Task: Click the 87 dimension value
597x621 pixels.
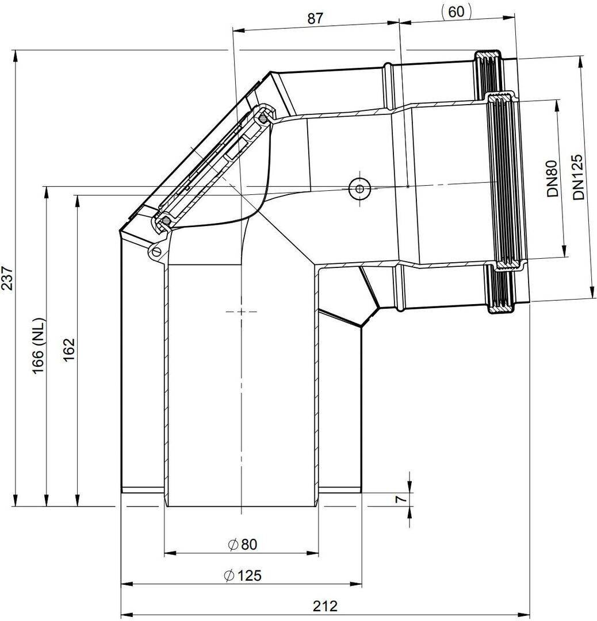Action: [315, 18]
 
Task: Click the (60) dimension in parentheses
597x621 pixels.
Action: [456, 11]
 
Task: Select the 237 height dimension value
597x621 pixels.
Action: [8, 278]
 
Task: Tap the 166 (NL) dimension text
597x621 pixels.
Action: [40, 346]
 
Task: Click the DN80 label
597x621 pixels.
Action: [552, 178]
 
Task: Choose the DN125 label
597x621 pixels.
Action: [579, 177]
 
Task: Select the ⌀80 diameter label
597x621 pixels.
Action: [243, 544]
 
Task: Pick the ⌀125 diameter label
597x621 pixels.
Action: [243, 575]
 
